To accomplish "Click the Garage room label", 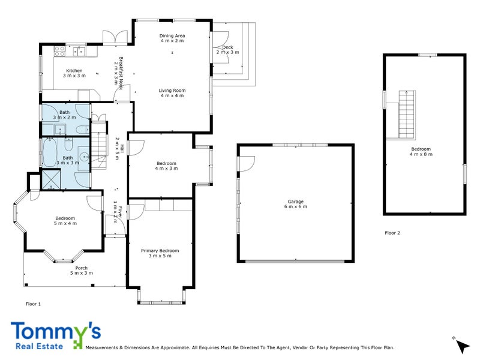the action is [295, 202].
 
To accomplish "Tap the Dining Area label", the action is [172, 35].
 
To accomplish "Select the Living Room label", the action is [172, 91].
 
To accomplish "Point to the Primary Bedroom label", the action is [160, 250].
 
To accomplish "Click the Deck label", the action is [227, 47].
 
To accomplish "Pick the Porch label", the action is [82, 268].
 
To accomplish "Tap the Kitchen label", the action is [74, 70].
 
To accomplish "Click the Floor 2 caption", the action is [392, 233].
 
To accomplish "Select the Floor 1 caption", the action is [33, 304].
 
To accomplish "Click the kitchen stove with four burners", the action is [59, 51].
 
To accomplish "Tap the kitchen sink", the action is [79, 52].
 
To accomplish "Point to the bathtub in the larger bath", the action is [49, 152].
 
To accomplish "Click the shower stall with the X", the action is [51, 179].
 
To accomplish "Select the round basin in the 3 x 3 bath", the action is [84, 157].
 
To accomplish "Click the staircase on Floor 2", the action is [407, 115].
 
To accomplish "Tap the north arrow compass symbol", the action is [462, 346].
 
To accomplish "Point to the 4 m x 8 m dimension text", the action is [421, 154].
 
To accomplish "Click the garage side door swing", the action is [247, 164].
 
